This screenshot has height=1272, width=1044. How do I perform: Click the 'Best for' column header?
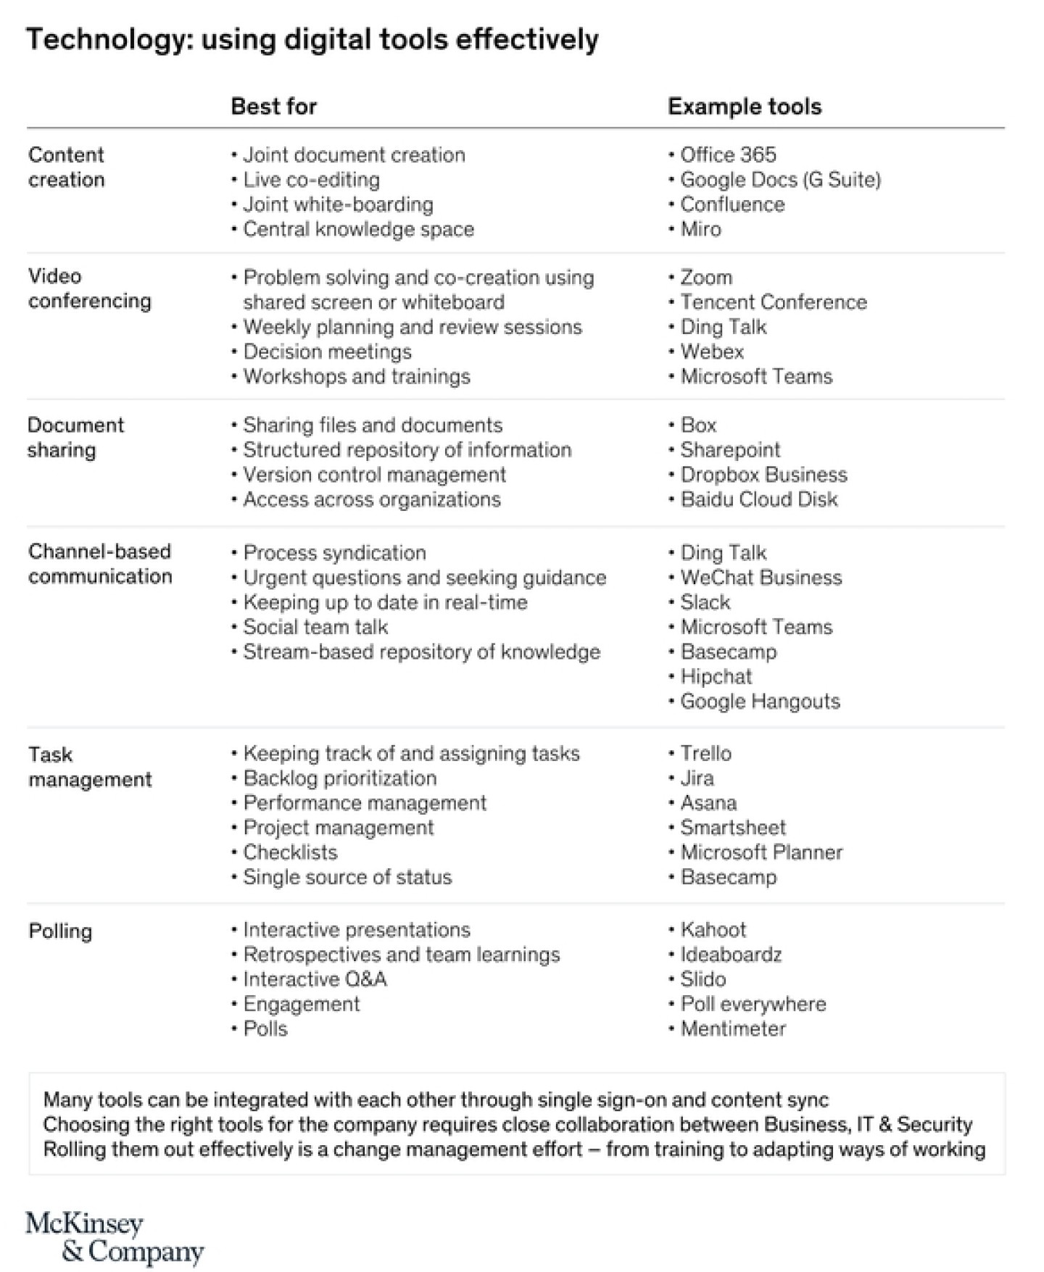pos(273,107)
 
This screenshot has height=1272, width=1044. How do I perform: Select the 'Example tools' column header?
pos(744,107)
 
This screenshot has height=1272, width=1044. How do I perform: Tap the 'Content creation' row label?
pos(66,167)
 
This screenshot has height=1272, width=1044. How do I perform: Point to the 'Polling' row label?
pos(60,931)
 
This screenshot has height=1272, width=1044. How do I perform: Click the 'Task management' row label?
pos(90,767)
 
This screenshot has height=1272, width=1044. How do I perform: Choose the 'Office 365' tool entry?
pos(727,154)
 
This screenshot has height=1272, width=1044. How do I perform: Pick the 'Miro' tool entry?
pos(700,229)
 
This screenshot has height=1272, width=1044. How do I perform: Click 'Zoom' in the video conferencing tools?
pos(705,278)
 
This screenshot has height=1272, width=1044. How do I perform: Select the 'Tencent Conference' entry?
pos(773,302)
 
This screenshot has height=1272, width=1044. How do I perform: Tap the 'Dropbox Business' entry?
pos(763,475)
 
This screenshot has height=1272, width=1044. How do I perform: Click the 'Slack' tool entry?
pos(705,602)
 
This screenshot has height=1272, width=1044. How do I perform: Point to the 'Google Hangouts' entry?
pos(759,702)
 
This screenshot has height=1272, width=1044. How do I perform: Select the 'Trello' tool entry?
pos(705,754)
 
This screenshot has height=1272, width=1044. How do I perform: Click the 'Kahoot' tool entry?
pos(713,930)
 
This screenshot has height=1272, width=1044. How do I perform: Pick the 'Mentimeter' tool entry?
pos(732,1029)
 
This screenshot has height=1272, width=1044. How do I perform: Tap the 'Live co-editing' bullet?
pos(311,180)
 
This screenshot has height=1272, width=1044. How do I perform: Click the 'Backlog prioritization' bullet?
pos(339,778)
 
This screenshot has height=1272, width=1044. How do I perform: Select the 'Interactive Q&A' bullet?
pos(315,980)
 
